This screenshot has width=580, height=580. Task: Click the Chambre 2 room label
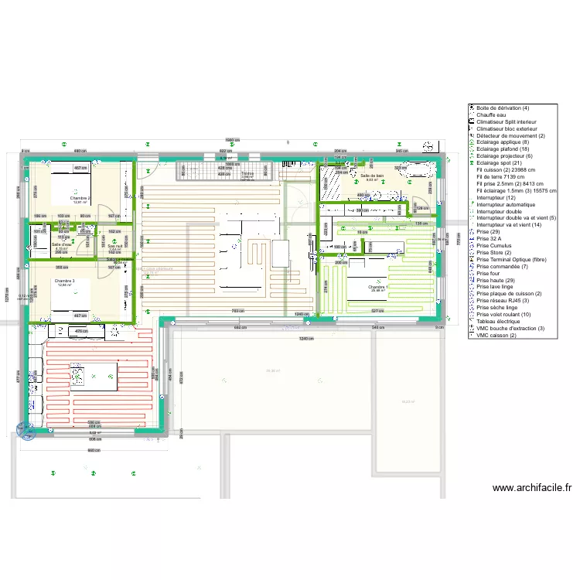click(x=80, y=198)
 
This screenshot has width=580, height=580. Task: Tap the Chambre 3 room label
click(x=63, y=281)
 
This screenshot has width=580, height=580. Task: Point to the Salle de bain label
click(x=372, y=176)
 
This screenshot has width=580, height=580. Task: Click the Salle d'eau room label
click(x=62, y=245)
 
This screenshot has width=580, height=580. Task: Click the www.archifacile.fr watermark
click(x=532, y=488)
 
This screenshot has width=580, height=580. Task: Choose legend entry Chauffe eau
click(x=491, y=115)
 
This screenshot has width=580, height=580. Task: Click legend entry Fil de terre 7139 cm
click(x=503, y=177)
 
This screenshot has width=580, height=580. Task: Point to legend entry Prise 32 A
click(x=490, y=239)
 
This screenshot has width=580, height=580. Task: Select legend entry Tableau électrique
click(x=498, y=322)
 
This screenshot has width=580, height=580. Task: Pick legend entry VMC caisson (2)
click(x=496, y=336)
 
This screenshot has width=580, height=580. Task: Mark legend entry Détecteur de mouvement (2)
click(x=510, y=135)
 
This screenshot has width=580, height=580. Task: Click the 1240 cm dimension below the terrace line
click(x=306, y=339)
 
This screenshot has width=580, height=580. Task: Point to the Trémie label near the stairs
click(x=247, y=174)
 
